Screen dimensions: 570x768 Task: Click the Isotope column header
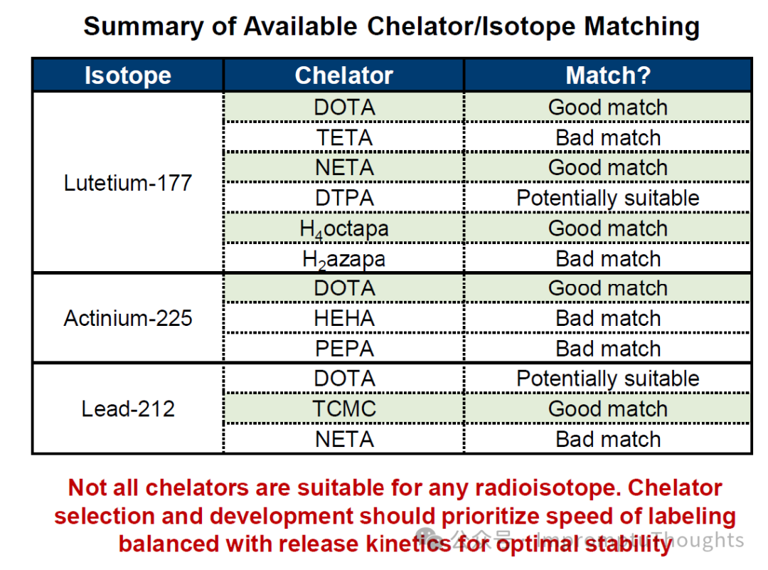point(128,75)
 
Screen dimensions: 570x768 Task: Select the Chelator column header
point(343,75)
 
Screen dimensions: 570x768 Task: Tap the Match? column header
point(608,75)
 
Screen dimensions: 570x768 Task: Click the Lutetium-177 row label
point(128,183)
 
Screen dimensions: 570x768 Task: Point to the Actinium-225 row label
point(128,317)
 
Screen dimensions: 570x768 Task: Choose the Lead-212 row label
point(128,409)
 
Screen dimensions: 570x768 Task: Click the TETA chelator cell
point(343,137)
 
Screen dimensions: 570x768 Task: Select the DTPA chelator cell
point(343,198)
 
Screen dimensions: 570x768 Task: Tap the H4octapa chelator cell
point(343,228)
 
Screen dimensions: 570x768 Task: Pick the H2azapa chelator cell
point(343,259)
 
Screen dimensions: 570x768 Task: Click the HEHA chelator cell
point(343,318)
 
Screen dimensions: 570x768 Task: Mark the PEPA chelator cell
point(343,349)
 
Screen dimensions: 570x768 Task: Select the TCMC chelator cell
point(343,409)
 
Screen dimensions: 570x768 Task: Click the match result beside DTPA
point(608,198)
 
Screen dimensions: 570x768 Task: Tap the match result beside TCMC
point(608,409)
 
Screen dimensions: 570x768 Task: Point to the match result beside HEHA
point(608,318)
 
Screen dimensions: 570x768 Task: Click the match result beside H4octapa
point(608,228)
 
